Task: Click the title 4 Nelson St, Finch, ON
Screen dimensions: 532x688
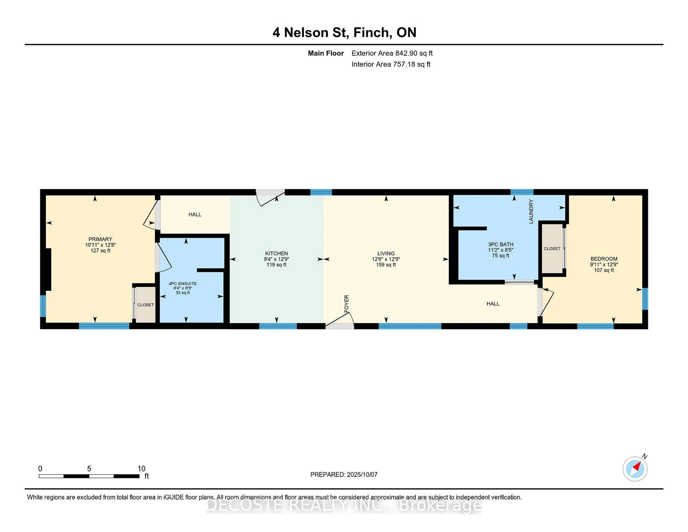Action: pyautogui.click(x=344, y=32)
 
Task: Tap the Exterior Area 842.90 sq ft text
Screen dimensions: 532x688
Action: pyautogui.click(x=392, y=53)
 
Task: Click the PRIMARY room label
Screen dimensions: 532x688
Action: pyautogui.click(x=100, y=239)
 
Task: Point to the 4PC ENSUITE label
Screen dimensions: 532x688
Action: pyautogui.click(x=183, y=284)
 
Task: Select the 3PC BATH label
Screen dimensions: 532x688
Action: pyautogui.click(x=501, y=244)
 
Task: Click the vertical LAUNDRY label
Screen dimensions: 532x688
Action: pyautogui.click(x=531, y=212)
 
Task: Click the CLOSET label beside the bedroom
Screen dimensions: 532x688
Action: pyautogui.click(x=552, y=249)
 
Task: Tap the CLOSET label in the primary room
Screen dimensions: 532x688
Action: pyautogui.click(x=145, y=305)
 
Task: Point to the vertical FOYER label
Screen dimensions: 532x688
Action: pyautogui.click(x=347, y=303)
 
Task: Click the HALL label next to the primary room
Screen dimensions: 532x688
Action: pyautogui.click(x=195, y=215)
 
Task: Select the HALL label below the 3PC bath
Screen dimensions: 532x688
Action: pyautogui.click(x=493, y=303)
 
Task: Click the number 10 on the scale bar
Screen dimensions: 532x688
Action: pyautogui.click(x=141, y=469)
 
